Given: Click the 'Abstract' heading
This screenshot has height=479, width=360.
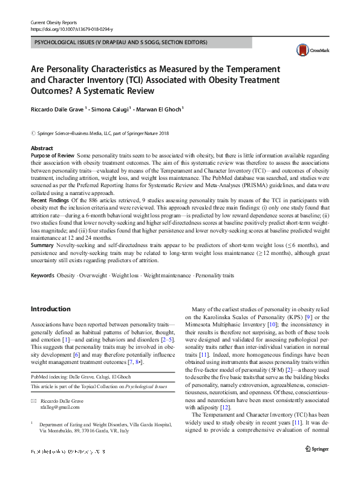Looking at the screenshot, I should [42, 148].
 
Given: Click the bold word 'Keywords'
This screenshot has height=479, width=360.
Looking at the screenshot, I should [42, 276].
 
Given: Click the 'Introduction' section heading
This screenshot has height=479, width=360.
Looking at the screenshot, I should [51, 309].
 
